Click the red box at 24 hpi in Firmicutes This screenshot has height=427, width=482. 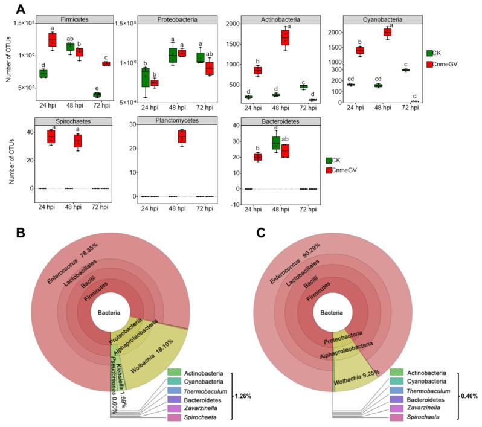(x=52, y=40)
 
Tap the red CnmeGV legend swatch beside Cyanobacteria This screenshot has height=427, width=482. (x=430, y=63)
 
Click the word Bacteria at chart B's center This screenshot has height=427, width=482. (x=109, y=312)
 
